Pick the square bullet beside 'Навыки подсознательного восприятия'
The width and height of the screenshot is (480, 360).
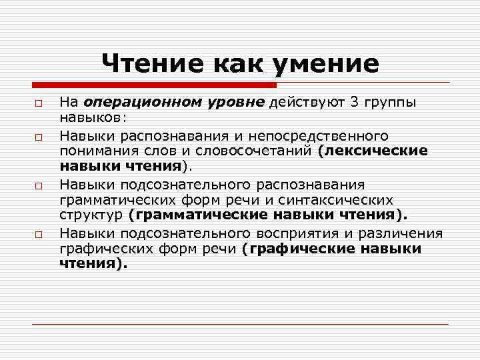39,233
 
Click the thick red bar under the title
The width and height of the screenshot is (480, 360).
154,85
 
